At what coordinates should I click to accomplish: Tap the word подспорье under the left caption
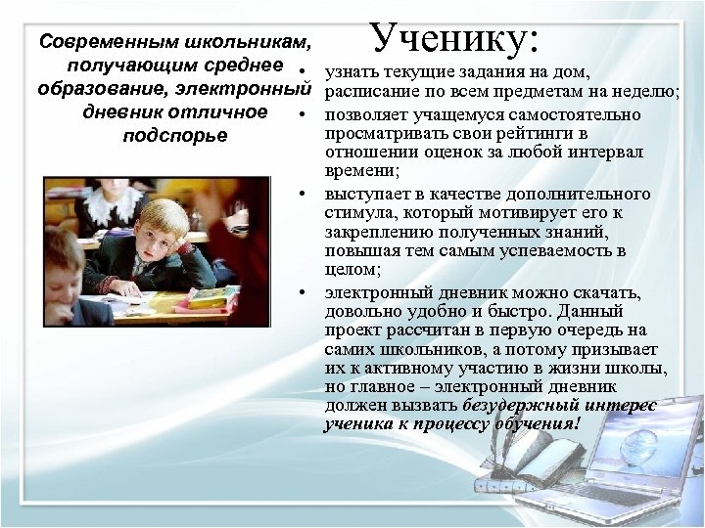(x=175, y=134)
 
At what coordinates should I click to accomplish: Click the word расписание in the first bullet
(x=369, y=93)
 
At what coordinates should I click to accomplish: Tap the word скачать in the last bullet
(x=607, y=292)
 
